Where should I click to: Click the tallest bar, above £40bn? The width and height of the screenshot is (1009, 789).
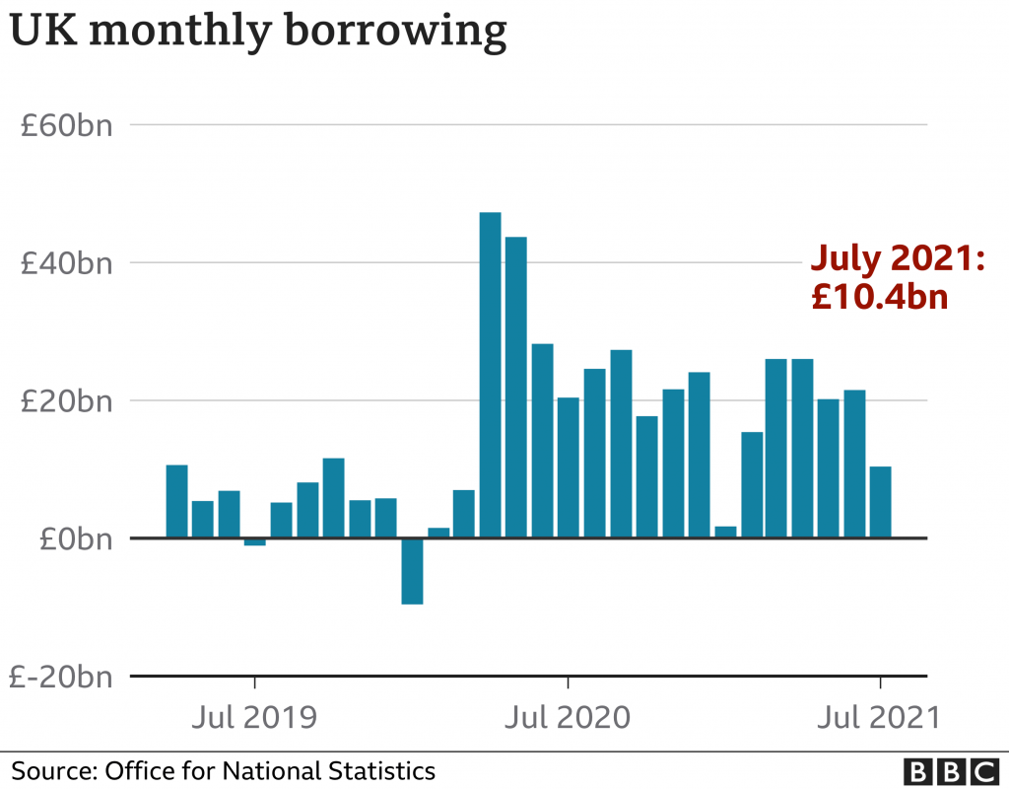[490, 375]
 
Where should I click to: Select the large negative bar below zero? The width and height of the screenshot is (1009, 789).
[412, 571]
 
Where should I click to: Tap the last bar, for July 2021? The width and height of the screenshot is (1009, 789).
[880, 502]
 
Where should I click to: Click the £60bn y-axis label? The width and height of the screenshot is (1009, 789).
[68, 125]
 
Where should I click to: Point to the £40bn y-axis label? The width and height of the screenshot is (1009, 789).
[68, 263]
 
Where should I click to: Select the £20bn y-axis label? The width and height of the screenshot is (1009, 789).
[68, 401]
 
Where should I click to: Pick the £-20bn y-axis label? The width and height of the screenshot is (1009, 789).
[61, 678]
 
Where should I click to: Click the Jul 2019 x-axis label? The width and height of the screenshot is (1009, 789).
[255, 716]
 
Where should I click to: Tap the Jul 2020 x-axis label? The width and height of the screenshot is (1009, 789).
[568, 716]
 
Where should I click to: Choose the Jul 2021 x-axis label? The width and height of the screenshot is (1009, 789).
[879, 716]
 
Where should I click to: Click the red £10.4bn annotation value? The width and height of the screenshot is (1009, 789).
[880, 296]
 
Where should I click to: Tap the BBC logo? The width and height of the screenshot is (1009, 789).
[950, 770]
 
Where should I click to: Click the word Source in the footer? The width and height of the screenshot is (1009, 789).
[47, 770]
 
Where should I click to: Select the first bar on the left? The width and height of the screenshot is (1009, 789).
[176, 501]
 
